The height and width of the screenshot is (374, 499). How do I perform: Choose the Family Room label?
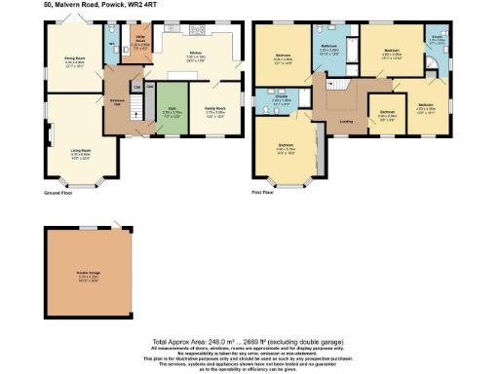pos(214,110)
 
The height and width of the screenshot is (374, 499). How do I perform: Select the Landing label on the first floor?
pos(344,122)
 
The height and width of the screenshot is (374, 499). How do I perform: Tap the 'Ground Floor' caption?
pos(60,194)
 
